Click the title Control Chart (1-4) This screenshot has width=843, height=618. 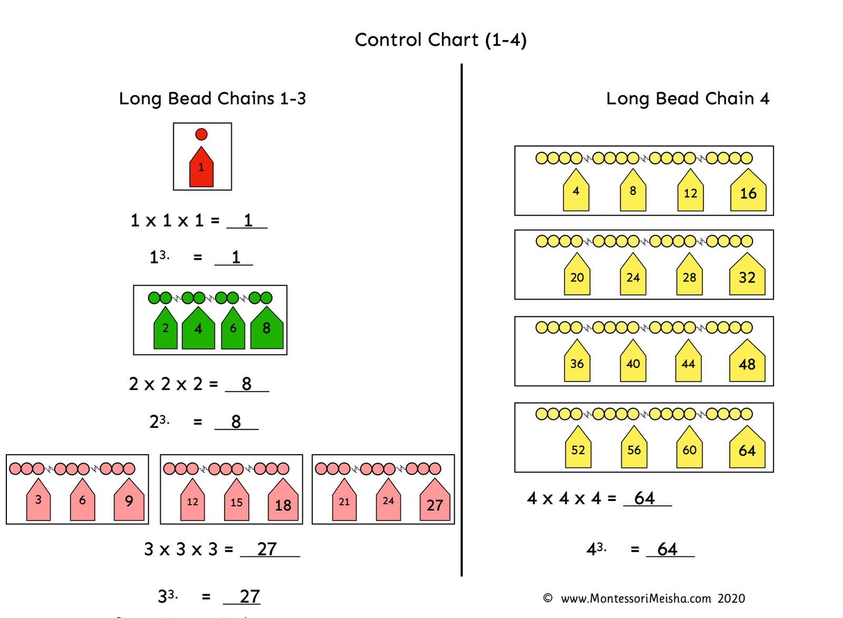pos(440,40)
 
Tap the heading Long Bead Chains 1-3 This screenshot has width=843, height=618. pos(212,99)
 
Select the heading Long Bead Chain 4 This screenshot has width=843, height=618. pos(688,99)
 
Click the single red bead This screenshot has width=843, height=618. pos(201,134)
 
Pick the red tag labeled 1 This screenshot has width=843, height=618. pos(201,169)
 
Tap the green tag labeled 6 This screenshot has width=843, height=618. pos(233,329)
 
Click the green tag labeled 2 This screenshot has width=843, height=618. pos(165,329)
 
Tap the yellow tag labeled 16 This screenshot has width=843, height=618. pos(748,192)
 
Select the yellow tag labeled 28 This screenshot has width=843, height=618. pos(689,277)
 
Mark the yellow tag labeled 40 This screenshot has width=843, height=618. pos(633,363)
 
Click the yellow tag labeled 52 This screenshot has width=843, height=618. pos(578,449)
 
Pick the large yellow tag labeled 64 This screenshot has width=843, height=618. pos(747,449)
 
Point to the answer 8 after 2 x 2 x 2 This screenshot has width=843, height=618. pos(247,384)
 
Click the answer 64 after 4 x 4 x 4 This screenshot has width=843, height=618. pos(644,498)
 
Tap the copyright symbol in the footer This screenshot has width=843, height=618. pos(547,598)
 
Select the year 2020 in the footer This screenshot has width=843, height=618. pos(731,599)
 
